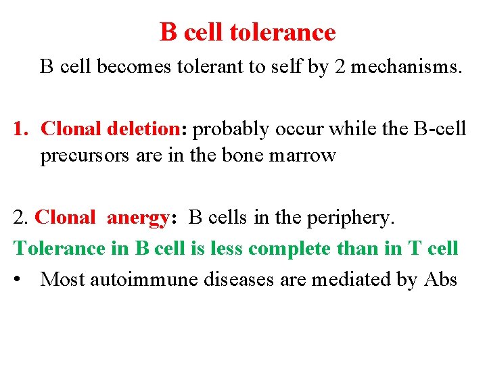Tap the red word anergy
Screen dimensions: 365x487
coord(139,218)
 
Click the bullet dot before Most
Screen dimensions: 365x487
coord(20,279)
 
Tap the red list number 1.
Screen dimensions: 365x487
coord(20,128)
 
